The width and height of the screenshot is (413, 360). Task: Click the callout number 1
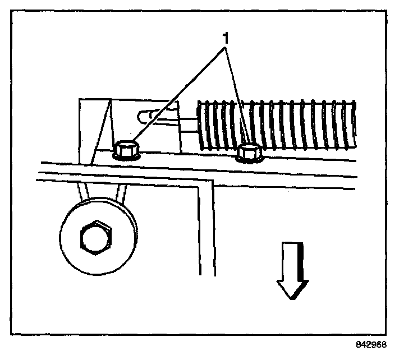pyautogui.click(x=226, y=39)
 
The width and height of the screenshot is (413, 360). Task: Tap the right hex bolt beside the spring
pyautogui.click(x=248, y=152)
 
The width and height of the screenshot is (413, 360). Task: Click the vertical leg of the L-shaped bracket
pyautogui.click(x=206, y=236)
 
